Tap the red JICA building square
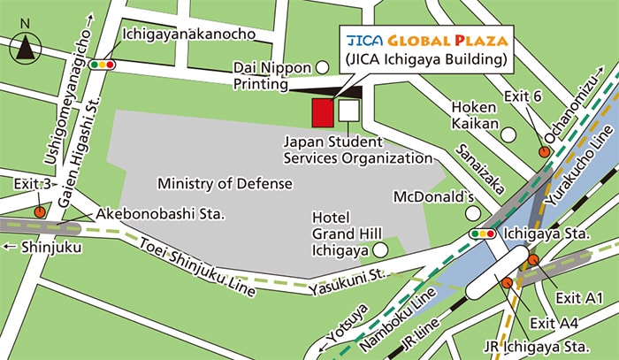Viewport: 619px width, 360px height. tap(323, 112)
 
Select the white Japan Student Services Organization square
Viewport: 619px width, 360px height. tap(349, 110)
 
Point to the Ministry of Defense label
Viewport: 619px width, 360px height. tap(224, 183)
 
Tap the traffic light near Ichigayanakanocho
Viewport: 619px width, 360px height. tap(106, 63)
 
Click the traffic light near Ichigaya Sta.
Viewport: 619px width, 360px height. tap(483, 234)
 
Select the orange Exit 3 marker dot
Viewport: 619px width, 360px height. tap(40, 211)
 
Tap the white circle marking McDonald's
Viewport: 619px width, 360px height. tap(473, 213)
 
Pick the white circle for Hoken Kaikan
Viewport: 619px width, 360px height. tap(508, 134)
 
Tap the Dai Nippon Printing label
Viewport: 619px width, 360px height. tap(273, 76)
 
